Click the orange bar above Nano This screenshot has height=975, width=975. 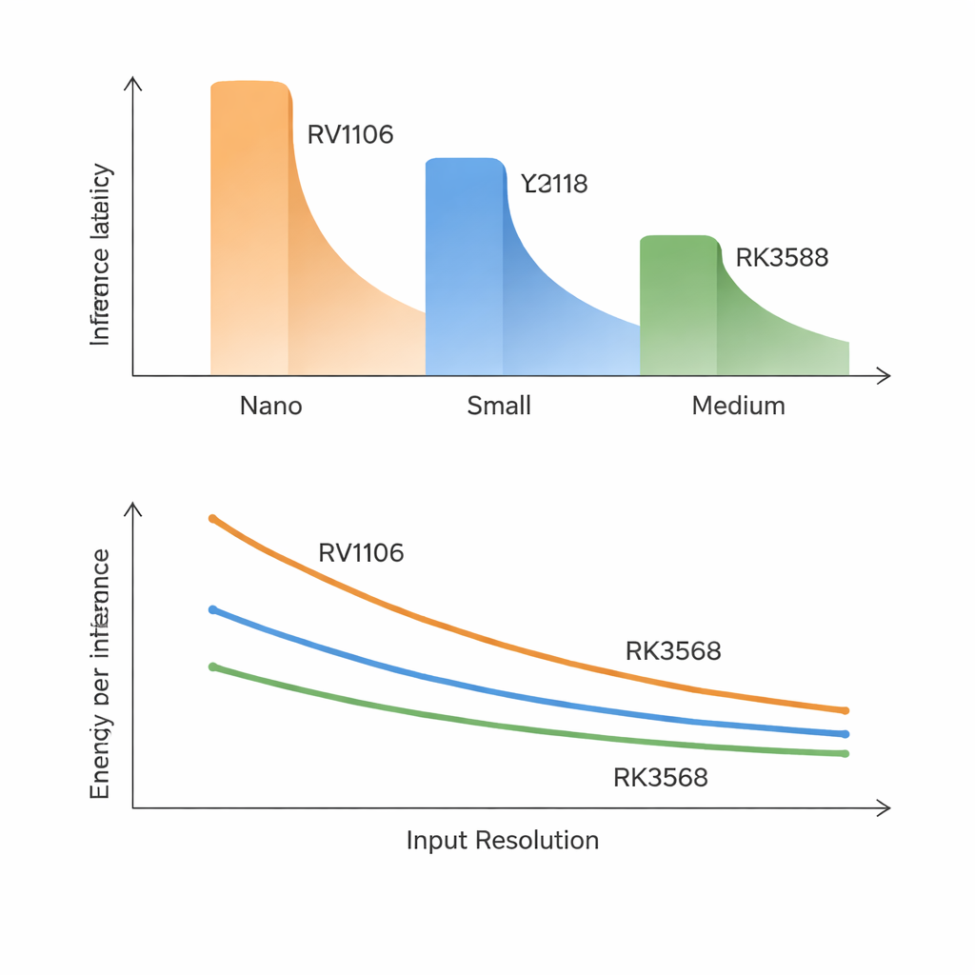(249, 229)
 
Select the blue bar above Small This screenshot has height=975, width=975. (465, 267)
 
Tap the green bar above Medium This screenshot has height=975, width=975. (679, 305)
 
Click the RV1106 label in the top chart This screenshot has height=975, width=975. (350, 134)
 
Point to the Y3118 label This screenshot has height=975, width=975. (554, 183)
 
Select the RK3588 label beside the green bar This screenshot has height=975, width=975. (782, 257)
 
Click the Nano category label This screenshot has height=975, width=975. (271, 406)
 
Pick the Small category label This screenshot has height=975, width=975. (499, 406)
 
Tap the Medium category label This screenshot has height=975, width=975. (738, 406)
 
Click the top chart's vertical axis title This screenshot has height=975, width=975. (100, 255)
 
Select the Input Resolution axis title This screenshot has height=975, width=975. (503, 840)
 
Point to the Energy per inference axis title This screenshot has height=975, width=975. (100, 674)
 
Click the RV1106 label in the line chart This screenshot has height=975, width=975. (361, 552)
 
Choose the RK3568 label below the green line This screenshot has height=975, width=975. (660, 778)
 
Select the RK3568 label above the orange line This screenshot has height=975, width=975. (673, 651)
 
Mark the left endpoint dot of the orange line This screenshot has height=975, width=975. (212, 519)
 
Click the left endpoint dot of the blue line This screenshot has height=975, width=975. (212, 609)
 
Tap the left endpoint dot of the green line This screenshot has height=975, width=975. (212, 667)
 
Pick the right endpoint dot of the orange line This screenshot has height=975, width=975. (845, 710)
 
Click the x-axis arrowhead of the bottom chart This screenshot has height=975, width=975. (885, 808)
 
